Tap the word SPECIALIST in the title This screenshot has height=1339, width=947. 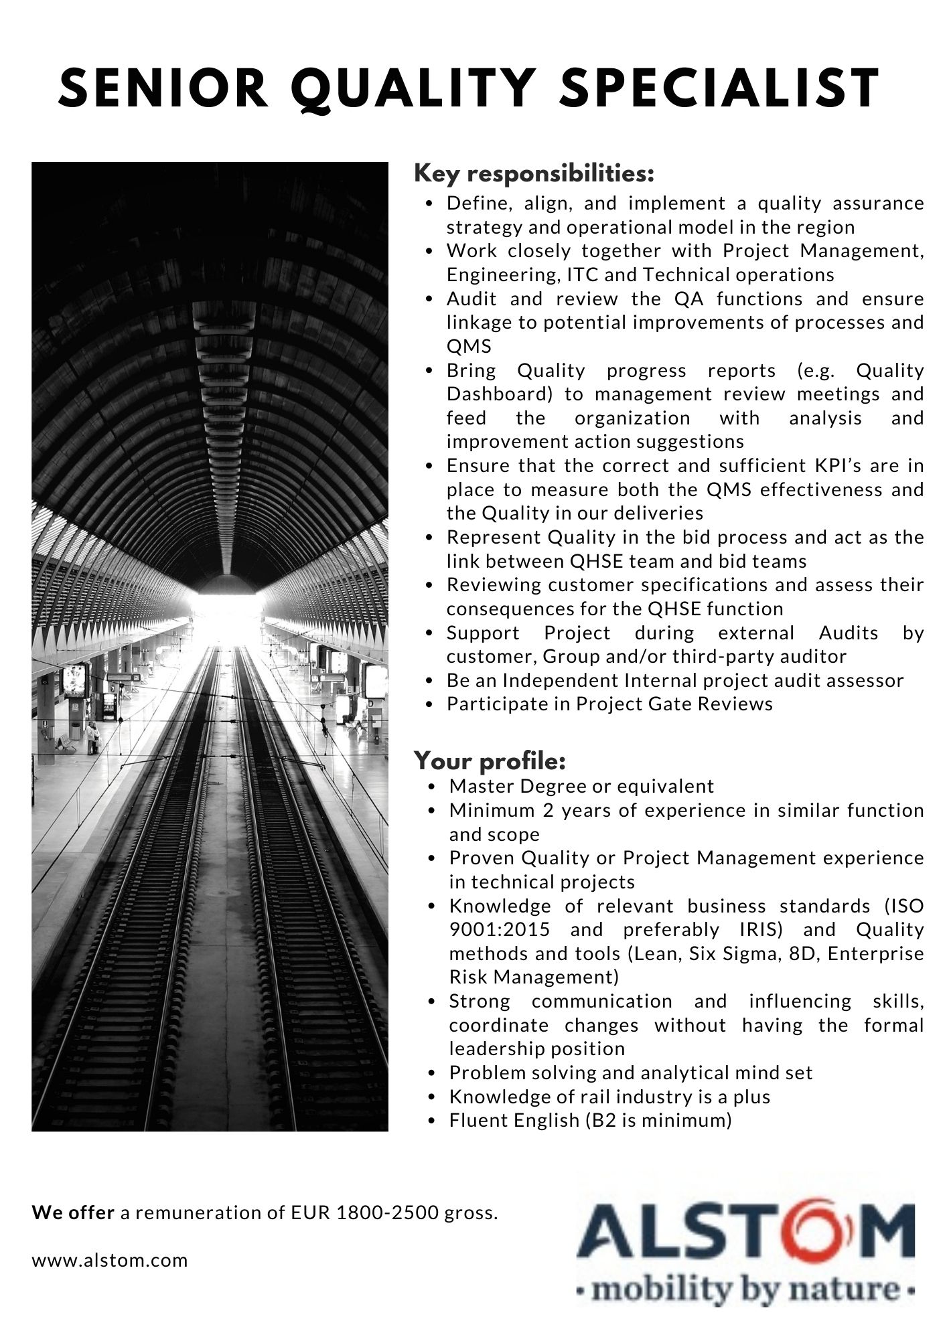pyautogui.click(x=719, y=88)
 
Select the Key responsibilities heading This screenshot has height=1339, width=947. pyautogui.click(x=534, y=174)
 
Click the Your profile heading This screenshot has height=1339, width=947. pyautogui.click(x=490, y=761)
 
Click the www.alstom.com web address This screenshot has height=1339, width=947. pyautogui.click(x=110, y=1261)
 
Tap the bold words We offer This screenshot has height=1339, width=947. pyautogui.click(x=73, y=1213)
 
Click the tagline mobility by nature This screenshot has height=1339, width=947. pyautogui.click(x=745, y=1289)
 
